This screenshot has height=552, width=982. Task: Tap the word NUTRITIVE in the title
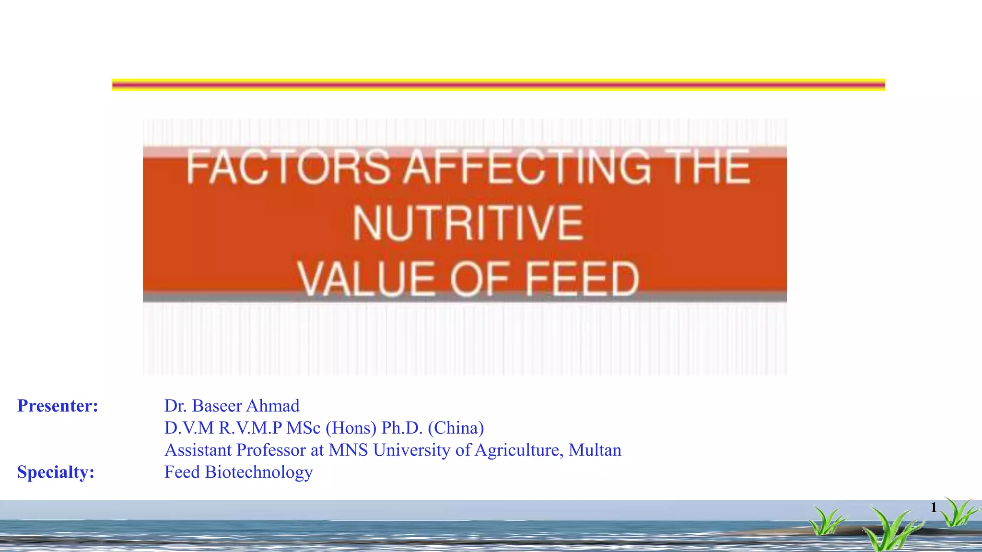pos(468,223)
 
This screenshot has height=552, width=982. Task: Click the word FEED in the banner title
pos(582,279)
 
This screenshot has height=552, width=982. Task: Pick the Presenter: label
pos(58,406)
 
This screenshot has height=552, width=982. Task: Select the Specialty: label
pos(56,472)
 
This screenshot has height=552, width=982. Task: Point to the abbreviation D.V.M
pos(189,428)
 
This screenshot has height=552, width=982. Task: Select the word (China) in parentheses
pos(456,428)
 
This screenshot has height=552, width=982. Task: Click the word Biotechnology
pos(259,472)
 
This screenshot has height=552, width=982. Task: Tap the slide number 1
pos(933,507)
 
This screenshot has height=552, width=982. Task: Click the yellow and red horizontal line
pos(498,85)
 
